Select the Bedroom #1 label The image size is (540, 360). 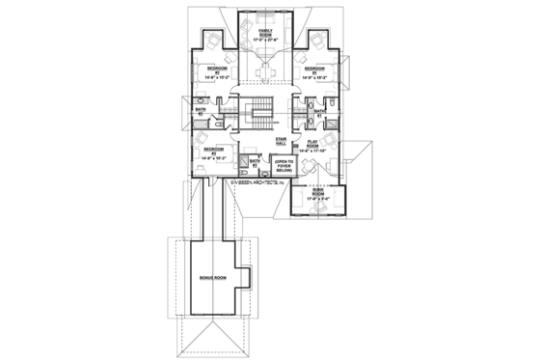[x=312, y=69]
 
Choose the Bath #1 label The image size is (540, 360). [x=319, y=112]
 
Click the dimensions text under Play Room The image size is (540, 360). [x=314, y=152]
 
